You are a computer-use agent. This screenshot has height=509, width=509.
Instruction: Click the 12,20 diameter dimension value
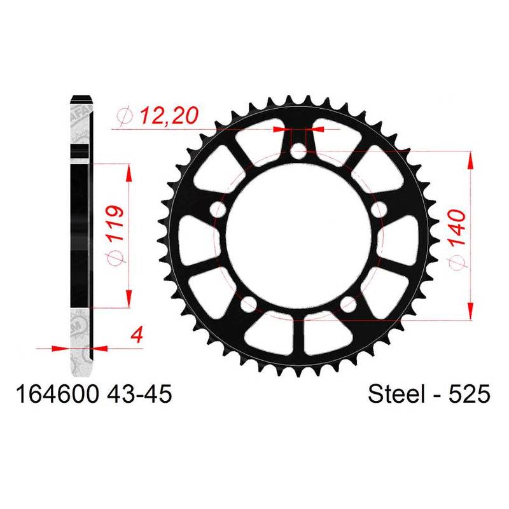(x=169, y=115)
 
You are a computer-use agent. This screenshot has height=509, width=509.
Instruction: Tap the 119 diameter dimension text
(x=116, y=223)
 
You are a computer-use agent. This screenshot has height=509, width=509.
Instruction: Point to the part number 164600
(x=57, y=394)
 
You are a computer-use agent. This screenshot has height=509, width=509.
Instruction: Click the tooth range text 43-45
(x=139, y=394)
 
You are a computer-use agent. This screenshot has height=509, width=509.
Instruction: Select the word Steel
(x=396, y=394)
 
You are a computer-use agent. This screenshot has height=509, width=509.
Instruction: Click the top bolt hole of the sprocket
(x=298, y=151)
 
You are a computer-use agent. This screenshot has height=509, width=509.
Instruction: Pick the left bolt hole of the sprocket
(x=218, y=209)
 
